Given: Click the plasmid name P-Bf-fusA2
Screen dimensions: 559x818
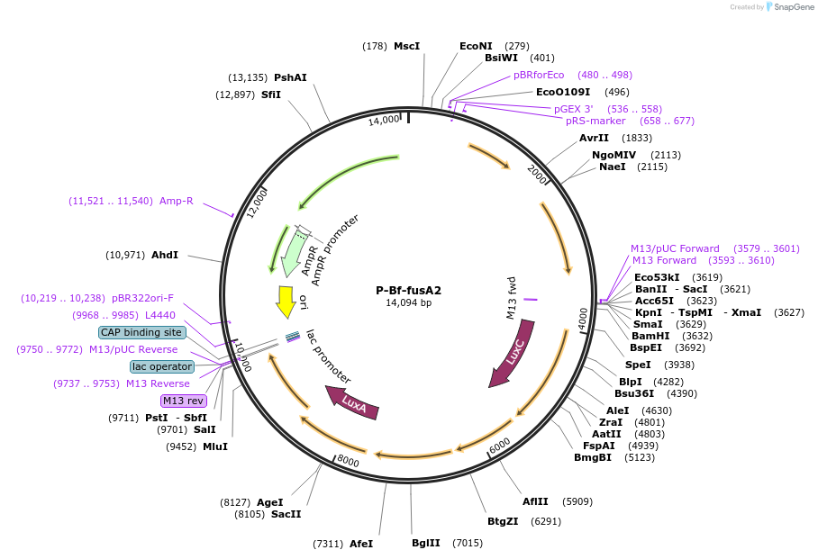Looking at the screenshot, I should coord(408,291).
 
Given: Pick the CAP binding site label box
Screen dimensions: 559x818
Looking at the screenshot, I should coord(141,332).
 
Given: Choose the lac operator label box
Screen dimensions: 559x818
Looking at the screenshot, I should coord(162,366).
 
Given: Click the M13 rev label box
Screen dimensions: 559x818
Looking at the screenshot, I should coord(183,401).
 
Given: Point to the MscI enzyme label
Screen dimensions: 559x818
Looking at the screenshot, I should coord(406,46).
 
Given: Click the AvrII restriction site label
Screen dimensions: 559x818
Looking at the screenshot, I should coord(594,139).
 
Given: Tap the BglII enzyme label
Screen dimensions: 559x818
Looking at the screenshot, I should coord(426,543).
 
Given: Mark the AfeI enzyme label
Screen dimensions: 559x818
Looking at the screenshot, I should coord(360,544).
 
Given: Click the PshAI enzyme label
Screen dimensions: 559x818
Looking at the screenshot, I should coord(290,77).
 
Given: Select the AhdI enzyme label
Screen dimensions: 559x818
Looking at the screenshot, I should coord(164,255).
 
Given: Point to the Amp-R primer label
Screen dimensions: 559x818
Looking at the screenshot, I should coord(177,201).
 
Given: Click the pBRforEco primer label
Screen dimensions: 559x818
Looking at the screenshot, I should coord(539,75).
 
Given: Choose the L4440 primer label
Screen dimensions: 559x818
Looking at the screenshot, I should coord(159,315).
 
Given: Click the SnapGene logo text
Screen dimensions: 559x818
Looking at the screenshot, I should coord(790,7).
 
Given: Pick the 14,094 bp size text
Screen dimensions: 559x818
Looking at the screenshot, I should coord(408,303).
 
